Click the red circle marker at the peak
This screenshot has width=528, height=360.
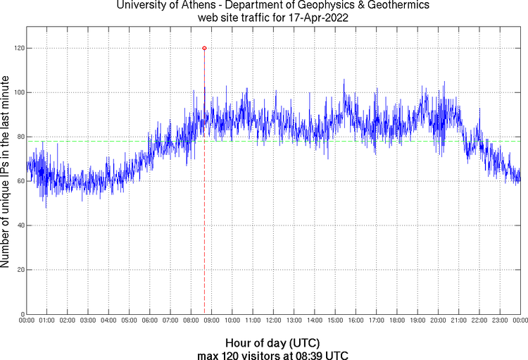pyautogui.click(x=204, y=48)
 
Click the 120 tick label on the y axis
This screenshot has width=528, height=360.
pyautogui.click(x=18, y=48)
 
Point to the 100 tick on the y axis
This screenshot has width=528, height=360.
pyautogui.click(x=18, y=92)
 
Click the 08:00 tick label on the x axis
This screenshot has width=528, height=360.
pyautogui.click(x=191, y=321)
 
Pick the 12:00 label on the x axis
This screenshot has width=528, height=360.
pyautogui.click(x=274, y=321)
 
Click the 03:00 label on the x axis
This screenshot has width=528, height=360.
pyautogui.click(x=89, y=321)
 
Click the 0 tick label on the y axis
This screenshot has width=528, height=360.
pyautogui.click(x=22, y=314)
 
